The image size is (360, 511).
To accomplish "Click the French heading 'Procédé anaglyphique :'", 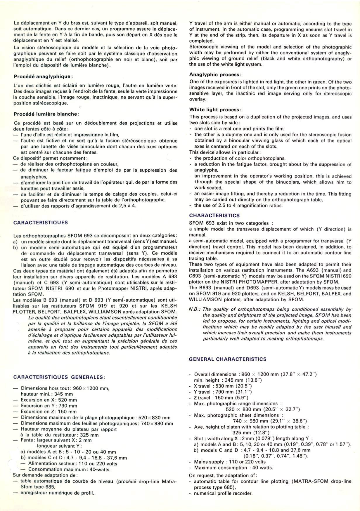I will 43,77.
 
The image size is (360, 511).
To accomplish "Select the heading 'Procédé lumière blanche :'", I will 46,114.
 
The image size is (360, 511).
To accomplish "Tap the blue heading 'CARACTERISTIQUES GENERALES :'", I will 59,377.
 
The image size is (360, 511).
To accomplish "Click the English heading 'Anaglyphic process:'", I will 216,74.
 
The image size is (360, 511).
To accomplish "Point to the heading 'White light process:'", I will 216,109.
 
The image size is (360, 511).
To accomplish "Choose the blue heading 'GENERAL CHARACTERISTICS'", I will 228,359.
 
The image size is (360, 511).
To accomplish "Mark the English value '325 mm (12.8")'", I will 251,433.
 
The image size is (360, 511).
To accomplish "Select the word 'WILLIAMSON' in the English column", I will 204,299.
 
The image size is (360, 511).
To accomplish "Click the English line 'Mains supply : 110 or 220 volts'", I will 230,462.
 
